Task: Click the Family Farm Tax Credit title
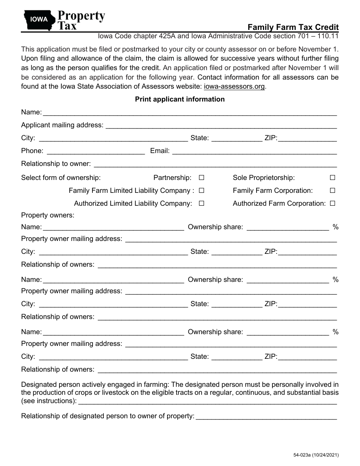293,27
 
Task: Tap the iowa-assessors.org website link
234,86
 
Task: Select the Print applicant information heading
180,99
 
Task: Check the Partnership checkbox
202,178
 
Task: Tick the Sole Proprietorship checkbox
332,178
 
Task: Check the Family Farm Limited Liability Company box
202,191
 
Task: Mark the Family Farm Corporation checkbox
332,191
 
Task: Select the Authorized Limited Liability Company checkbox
202,203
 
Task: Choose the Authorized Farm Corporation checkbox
332,203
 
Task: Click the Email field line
254,152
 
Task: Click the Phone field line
95,152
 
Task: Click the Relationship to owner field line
215,164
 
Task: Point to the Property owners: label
48,215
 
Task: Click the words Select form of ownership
61,178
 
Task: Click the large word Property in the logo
81,16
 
